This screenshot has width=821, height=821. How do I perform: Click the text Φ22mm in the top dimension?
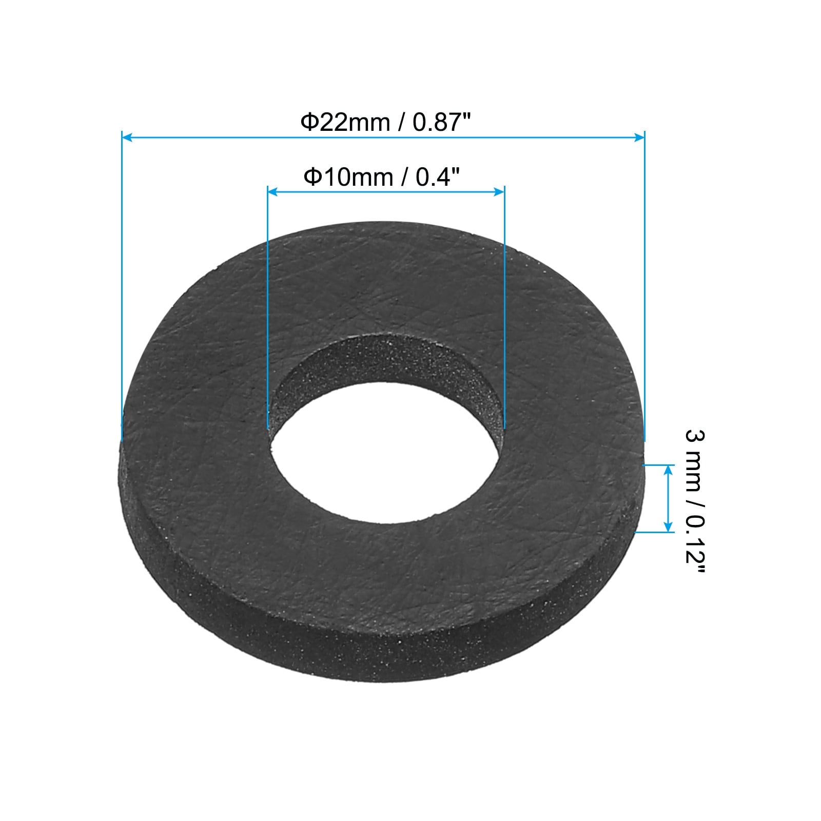[345, 123]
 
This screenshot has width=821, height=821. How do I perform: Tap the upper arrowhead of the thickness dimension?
[668, 468]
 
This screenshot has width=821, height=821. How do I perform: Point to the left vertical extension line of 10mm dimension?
[268, 308]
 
